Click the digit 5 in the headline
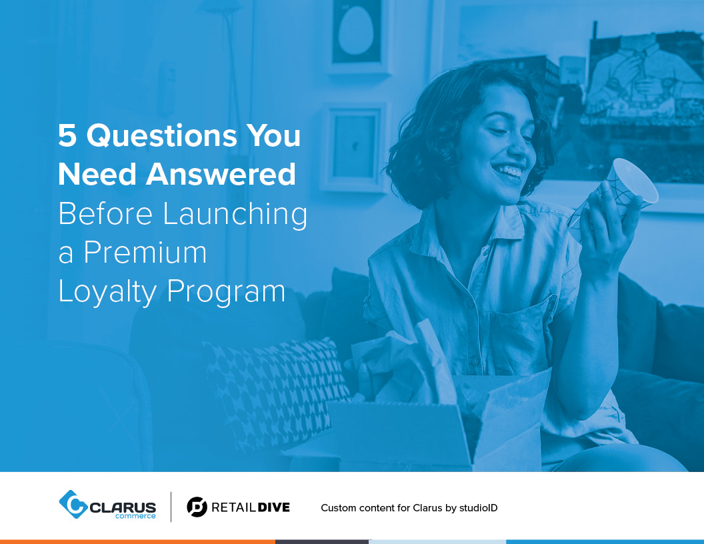tap(67, 135)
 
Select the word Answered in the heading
tap(221, 174)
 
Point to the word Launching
tap(235, 215)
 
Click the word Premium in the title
tap(145, 252)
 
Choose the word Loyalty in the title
tap(108, 293)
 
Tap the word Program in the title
tap(226, 293)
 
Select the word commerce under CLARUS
tap(135, 516)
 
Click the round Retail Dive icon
tap(197, 507)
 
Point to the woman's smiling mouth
tap(509, 172)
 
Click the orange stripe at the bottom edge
tap(137, 542)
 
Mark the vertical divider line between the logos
tap(171, 507)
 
